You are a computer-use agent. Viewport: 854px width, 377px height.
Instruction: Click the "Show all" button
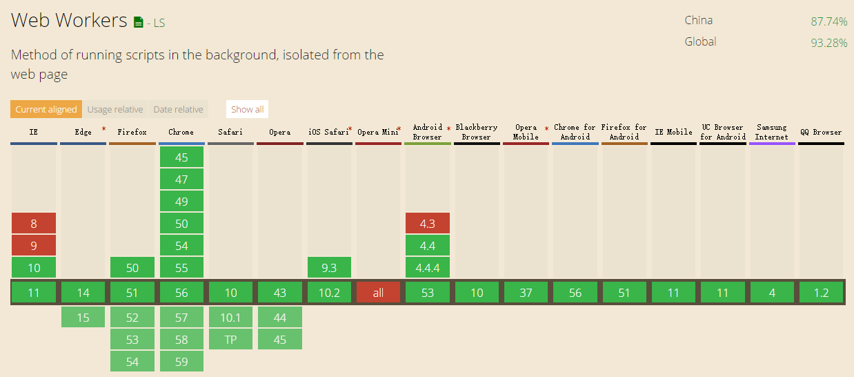pyautogui.click(x=247, y=109)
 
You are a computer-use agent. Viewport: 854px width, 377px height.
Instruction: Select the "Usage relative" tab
pyautogui.click(x=115, y=109)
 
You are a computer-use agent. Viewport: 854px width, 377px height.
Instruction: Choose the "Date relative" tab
pyautogui.click(x=178, y=109)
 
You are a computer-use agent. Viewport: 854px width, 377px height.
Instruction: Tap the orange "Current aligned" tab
pyautogui.click(x=46, y=109)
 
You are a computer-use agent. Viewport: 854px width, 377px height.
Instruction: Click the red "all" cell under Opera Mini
pyautogui.click(x=378, y=293)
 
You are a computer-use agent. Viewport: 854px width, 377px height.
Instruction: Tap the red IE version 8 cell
pyautogui.click(x=34, y=223)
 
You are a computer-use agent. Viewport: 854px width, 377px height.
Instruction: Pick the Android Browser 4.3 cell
pyautogui.click(x=428, y=223)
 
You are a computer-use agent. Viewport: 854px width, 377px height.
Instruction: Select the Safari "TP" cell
pyautogui.click(x=230, y=339)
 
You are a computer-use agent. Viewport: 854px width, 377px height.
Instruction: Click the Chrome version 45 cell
pyautogui.click(x=181, y=157)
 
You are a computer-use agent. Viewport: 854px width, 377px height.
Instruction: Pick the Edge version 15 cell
pyautogui.click(x=83, y=317)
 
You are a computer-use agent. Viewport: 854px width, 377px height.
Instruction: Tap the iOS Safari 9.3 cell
pyautogui.click(x=329, y=267)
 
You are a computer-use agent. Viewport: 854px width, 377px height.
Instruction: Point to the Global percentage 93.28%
pyautogui.click(x=828, y=43)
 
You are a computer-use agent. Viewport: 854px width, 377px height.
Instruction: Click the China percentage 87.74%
pyautogui.click(x=828, y=21)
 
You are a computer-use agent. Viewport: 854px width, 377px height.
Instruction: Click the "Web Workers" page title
pyautogui.click(x=69, y=21)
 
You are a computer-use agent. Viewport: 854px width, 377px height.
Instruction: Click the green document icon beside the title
pyautogui.click(x=139, y=22)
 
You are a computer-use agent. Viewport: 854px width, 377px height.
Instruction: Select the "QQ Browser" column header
pyautogui.click(x=821, y=132)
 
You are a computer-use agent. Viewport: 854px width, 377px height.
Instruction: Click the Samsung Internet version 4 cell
pyautogui.click(x=772, y=293)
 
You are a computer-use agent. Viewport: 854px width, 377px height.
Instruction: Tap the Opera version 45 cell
pyautogui.click(x=279, y=339)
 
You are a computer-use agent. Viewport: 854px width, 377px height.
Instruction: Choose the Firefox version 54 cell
pyautogui.click(x=132, y=361)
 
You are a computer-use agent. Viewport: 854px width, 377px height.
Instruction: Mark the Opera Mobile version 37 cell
pyautogui.click(x=526, y=293)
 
